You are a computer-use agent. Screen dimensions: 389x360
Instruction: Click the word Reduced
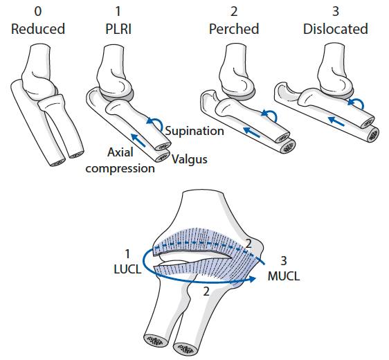pyautogui.click(x=38, y=29)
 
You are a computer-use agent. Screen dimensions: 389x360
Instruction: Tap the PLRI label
pyautogui.click(x=118, y=29)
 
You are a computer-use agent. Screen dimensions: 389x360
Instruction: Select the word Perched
pyautogui.click(x=234, y=29)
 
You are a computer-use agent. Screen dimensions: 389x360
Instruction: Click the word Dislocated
pyautogui.click(x=336, y=29)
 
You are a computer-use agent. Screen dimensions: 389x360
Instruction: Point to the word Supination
pyautogui.click(x=194, y=131)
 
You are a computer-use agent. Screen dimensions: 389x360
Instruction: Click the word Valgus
pyautogui.click(x=190, y=159)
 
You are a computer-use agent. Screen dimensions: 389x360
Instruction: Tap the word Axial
pyautogui.click(x=120, y=152)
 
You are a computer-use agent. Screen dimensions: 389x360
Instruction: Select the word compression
pyautogui.click(x=120, y=169)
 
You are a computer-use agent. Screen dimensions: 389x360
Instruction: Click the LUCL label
pyautogui.click(x=127, y=269)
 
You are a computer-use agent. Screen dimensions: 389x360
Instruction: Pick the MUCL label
pyautogui.click(x=284, y=276)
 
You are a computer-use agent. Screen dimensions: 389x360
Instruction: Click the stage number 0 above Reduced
pyautogui.click(x=38, y=11)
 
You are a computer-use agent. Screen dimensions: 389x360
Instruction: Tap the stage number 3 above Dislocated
pyautogui.click(x=336, y=11)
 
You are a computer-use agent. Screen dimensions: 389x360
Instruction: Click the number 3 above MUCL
pyautogui.click(x=284, y=261)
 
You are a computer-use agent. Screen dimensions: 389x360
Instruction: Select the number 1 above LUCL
pyautogui.click(x=127, y=254)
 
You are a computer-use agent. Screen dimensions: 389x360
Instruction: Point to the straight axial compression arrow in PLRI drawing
pyautogui.click(x=138, y=140)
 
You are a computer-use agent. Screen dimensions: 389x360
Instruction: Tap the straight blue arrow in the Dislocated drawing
pyautogui.click(x=336, y=121)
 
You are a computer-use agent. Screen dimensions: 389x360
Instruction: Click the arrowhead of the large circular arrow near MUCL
pyautogui.click(x=252, y=279)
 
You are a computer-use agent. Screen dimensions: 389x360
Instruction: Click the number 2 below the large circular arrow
pyautogui.click(x=206, y=291)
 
